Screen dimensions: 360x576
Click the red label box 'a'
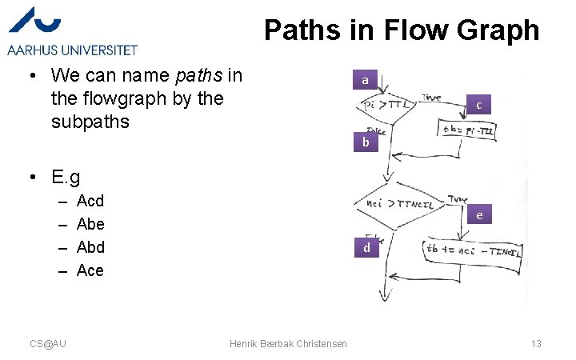pyautogui.click(x=365, y=80)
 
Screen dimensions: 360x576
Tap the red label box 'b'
pyautogui.click(x=365, y=143)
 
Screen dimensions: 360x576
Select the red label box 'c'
pyautogui.click(x=478, y=105)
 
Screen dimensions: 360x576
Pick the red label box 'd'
pyautogui.click(x=366, y=248)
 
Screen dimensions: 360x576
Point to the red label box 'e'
pyautogui.click(x=478, y=215)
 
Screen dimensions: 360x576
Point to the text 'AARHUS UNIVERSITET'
pyautogui.click(x=73, y=50)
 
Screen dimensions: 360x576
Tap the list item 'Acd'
pyautogui.click(x=90, y=201)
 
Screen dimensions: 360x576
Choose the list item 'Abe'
pyautogui.click(x=90, y=224)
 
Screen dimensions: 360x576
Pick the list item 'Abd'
pyautogui.click(x=90, y=247)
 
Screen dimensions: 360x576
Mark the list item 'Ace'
pyautogui.click(x=90, y=270)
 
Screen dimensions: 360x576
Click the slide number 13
pyautogui.click(x=536, y=343)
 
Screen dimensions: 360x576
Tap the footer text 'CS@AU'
pyautogui.click(x=48, y=343)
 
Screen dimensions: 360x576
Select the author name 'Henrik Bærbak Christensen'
pyautogui.click(x=288, y=343)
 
